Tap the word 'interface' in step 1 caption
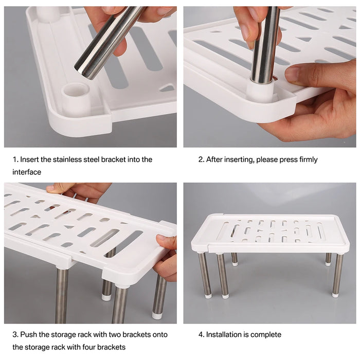(27, 172)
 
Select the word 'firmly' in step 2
(307, 159)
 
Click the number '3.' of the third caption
(15, 335)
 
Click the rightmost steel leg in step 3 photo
(160, 296)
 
